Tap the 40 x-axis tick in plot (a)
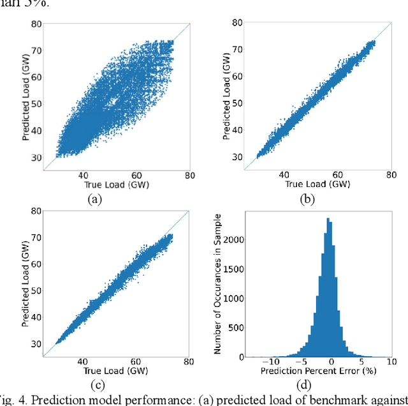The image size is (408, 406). (x=84, y=176)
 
